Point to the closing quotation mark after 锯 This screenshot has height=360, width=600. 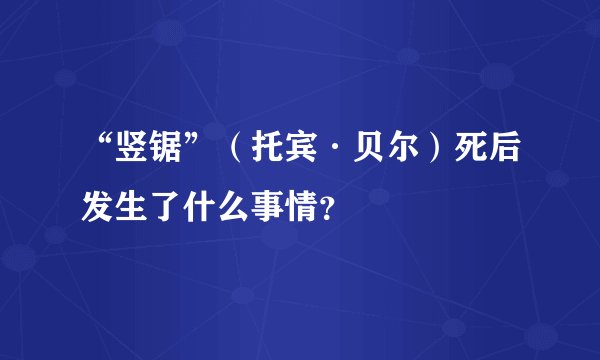191,150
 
